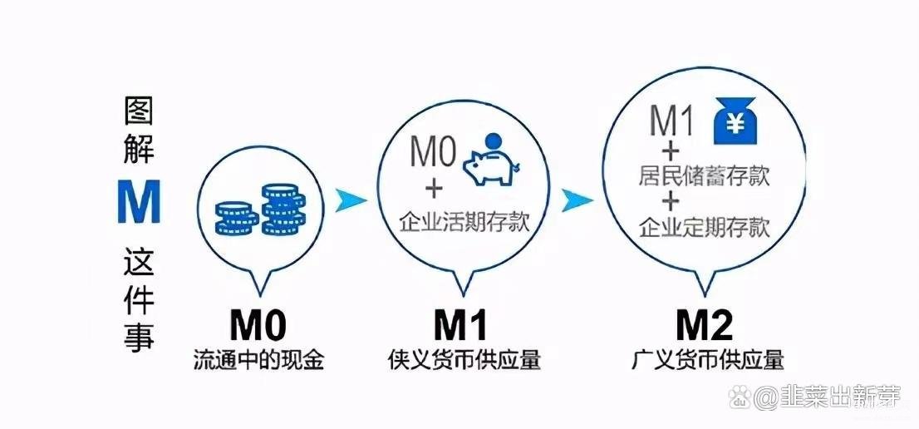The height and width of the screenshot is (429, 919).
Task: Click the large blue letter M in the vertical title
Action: click(x=139, y=201)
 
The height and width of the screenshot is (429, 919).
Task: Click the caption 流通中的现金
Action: click(x=258, y=360)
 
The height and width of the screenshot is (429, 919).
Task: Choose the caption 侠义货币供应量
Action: click(x=464, y=360)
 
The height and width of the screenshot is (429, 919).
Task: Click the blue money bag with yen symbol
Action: click(x=735, y=121)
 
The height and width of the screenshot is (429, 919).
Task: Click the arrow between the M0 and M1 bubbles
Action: click(x=351, y=200)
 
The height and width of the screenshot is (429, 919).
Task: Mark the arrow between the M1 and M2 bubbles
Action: click(x=577, y=200)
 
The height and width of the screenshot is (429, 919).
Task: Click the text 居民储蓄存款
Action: click(x=703, y=175)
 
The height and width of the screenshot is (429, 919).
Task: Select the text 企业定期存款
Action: click(x=703, y=228)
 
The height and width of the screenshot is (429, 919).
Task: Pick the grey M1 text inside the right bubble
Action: click(x=671, y=121)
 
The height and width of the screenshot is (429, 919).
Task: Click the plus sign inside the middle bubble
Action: click(x=434, y=190)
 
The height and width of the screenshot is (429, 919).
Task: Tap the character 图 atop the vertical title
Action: click(x=139, y=111)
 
